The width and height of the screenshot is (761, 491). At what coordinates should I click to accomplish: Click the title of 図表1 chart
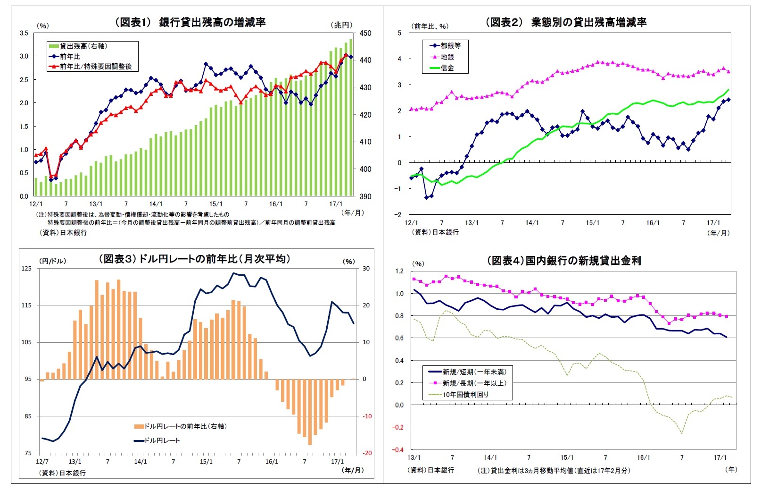pos(190,22)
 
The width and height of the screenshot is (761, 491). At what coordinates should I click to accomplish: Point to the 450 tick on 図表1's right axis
pos(365,34)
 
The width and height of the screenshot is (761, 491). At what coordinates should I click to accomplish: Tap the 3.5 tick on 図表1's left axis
pos(24,33)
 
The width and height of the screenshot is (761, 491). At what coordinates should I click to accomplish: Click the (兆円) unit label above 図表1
pos(341,25)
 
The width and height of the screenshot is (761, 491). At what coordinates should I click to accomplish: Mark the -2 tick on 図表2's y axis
pos(399,214)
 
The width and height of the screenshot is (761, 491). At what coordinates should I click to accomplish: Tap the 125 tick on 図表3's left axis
pos(26,269)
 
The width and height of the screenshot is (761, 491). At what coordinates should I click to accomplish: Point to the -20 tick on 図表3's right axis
pos(367,453)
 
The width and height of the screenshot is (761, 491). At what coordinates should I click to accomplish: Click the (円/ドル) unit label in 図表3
pos(52,261)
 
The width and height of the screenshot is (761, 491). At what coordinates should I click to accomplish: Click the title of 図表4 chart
pos(564,261)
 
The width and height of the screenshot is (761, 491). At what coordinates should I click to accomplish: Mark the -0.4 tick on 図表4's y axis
pos(399,450)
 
